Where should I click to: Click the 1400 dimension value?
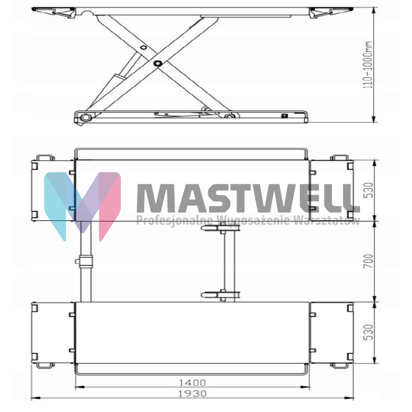pos(192,382)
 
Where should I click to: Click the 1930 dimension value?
pos(192,394)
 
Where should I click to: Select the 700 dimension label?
pos(369,261)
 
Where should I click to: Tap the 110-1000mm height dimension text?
pos(368,65)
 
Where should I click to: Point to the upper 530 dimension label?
pos(369,190)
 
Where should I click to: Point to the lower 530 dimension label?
pos(369,332)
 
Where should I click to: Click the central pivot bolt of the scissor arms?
pos(158,63)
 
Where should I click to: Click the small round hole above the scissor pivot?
pos(143,48)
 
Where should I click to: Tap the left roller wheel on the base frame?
pos(85,117)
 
